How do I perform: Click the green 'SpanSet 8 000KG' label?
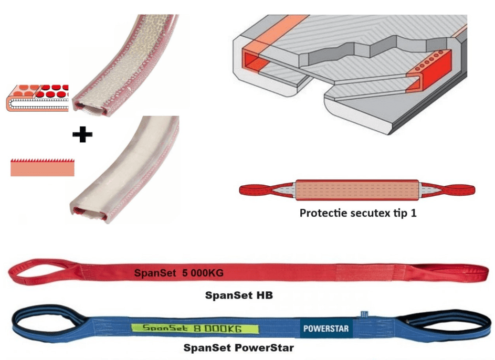pos(194,329)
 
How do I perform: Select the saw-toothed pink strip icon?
pos(42,167)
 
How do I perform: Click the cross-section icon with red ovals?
pos(37,97)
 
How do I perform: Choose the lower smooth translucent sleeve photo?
pos(126,173)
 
